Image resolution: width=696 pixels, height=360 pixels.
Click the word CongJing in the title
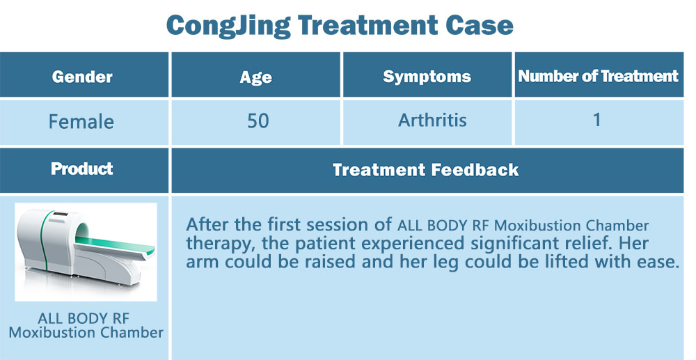[228, 26]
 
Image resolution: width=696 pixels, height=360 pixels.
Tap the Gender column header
[82, 77]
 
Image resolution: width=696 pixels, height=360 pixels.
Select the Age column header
[255, 77]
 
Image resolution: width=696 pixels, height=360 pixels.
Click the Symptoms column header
[427, 77]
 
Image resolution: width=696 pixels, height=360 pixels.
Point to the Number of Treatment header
[599, 77]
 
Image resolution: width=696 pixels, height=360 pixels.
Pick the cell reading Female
[81, 122]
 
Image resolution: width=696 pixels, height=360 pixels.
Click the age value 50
[258, 121]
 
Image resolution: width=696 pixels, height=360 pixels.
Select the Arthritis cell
[432, 120]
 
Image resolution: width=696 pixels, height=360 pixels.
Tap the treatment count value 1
[597, 120]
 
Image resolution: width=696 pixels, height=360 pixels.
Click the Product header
[82, 169]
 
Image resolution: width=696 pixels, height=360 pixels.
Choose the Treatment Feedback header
[426, 170]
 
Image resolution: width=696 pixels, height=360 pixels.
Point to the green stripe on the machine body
[45, 240]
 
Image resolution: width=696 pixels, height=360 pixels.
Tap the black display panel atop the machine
[61, 214]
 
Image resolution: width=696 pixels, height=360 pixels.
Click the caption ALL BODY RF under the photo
[84, 318]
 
